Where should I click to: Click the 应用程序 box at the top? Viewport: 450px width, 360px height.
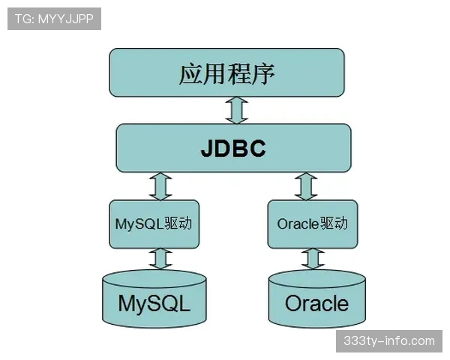click(226, 73)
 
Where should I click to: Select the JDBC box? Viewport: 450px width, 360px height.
click(233, 148)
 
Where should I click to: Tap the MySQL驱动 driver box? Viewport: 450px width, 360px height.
click(154, 223)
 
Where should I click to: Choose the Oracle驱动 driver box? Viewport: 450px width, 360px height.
click(312, 223)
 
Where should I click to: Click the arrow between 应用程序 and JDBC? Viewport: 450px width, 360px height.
click(237, 110)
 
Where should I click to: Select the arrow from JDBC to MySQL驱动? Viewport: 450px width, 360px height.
click(160, 185)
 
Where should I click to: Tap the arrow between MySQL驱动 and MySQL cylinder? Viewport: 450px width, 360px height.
click(159, 259)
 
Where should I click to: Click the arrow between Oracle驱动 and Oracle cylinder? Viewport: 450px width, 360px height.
click(312, 259)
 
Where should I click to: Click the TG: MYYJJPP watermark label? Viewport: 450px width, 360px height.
click(54, 19)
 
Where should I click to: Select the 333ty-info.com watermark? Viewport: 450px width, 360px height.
click(388, 340)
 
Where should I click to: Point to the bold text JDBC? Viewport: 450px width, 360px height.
click(233, 148)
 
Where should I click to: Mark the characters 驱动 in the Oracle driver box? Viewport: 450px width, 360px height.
click(334, 223)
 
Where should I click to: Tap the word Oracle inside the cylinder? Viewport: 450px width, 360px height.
click(316, 304)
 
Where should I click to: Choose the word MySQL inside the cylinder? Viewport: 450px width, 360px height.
click(154, 304)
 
